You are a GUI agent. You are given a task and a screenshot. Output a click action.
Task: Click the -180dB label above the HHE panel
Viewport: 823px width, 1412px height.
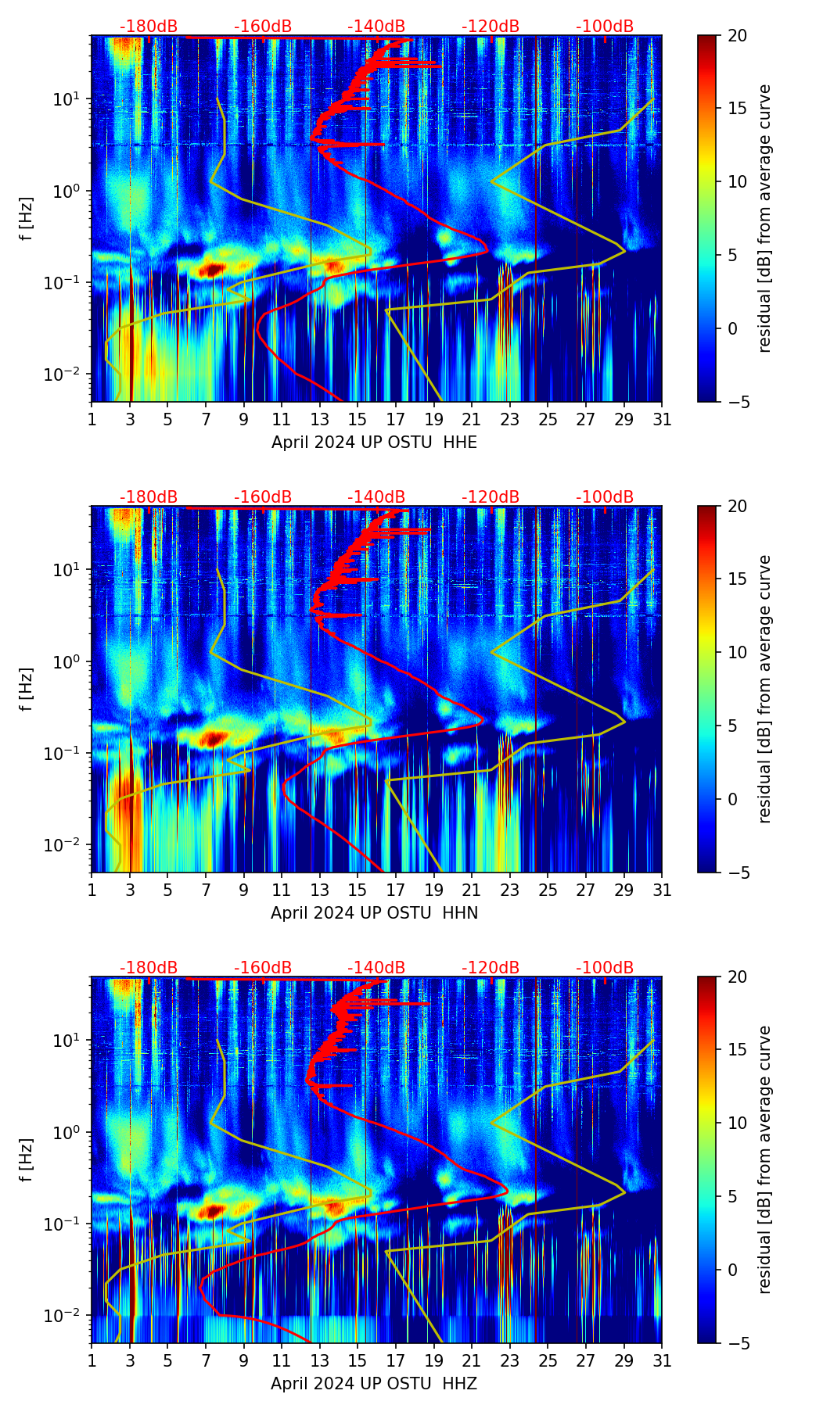click(x=149, y=27)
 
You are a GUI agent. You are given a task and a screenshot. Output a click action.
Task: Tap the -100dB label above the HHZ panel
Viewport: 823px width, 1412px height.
click(x=605, y=968)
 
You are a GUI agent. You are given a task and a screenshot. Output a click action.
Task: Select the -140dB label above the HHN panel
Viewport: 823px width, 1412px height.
click(x=376, y=497)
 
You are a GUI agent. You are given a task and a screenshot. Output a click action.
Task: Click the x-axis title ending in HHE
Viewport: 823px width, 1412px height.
click(x=374, y=443)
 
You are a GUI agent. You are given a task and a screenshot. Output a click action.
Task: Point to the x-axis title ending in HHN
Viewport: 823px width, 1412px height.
click(x=374, y=913)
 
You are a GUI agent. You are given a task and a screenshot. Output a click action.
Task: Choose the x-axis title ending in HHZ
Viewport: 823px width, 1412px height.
click(x=374, y=1384)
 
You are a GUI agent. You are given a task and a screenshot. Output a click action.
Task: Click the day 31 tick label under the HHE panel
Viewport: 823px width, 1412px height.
click(x=662, y=420)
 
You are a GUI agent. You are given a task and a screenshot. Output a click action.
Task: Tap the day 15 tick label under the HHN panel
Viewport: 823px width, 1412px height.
click(x=358, y=891)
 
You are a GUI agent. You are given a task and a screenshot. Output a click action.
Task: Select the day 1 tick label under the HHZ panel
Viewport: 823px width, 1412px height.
click(x=92, y=1361)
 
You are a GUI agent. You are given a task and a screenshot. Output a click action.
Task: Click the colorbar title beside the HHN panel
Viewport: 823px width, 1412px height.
click(x=764, y=689)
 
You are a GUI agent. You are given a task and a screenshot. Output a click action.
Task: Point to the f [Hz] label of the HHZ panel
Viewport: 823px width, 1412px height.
click(x=27, y=1159)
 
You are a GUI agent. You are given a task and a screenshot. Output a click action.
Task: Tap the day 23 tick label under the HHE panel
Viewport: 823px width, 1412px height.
click(x=510, y=420)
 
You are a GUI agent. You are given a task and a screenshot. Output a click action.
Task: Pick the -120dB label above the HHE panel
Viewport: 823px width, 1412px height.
click(x=491, y=27)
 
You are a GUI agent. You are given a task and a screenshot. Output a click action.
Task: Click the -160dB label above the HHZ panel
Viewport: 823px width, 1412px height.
click(x=263, y=968)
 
